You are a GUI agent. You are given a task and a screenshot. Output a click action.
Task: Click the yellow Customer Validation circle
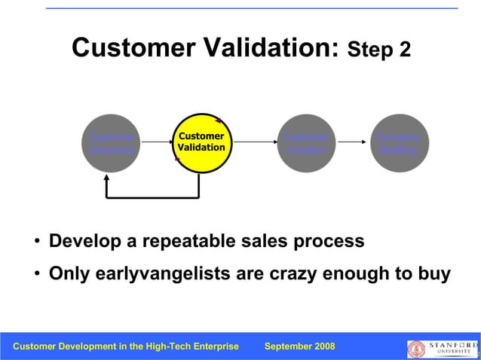(201, 142)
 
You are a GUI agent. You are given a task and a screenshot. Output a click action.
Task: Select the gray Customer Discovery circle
(111, 143)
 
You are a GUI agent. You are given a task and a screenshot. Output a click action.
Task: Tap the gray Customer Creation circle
(306, 143)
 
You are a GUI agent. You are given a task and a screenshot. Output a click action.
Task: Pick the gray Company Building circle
(399, 143)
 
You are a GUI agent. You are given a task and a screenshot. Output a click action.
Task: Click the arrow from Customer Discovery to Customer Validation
(156, 142)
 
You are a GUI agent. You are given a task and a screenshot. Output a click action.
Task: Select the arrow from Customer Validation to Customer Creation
(253, 142)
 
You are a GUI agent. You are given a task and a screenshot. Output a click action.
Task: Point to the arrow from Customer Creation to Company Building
(353, 142)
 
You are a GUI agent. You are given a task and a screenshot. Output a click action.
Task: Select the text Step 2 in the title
(378, 51)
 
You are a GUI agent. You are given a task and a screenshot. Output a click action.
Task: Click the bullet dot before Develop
(37, 242)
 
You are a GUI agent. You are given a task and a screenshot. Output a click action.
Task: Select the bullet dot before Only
(37, 273)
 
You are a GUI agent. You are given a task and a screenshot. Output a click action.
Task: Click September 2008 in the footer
(299, 346)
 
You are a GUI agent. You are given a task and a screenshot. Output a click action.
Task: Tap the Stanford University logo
(442, 348)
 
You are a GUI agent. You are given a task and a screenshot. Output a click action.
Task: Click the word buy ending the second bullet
(434, 273)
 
